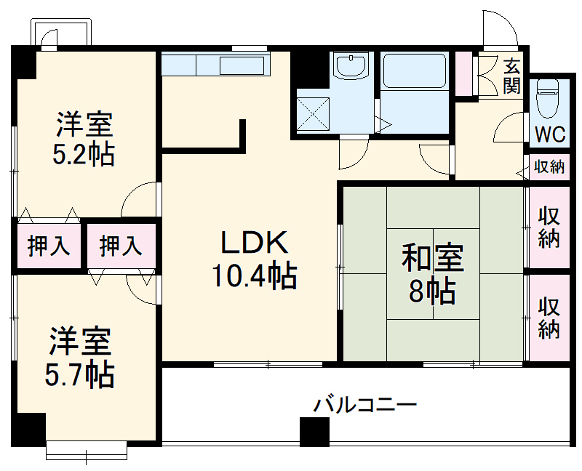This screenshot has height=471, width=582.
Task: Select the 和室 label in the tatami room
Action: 433,259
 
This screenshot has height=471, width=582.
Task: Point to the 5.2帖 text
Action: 84,155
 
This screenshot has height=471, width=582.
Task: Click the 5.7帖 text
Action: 80,374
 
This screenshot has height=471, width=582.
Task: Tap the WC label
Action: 550,135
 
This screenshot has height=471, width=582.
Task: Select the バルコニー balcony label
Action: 365,404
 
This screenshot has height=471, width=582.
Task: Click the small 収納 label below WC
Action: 549,167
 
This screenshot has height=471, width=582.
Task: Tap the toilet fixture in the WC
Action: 547,98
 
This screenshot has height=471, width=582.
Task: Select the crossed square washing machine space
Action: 312,113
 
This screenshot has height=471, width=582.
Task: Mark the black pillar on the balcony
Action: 315,432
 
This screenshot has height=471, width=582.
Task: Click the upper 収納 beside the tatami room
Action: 549,227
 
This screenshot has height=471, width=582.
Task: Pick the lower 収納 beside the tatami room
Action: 549,318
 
